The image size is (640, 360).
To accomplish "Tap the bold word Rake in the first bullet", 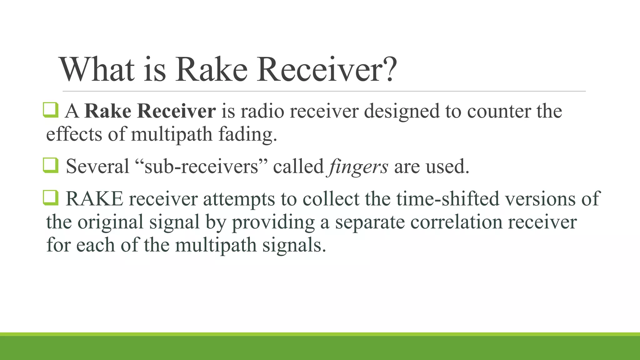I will click(108, 111).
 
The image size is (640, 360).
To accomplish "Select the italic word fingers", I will click(357, 167).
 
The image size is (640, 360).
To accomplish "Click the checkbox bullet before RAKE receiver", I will click(50, 198).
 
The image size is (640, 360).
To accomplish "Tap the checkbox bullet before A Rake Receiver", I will click(50, 110).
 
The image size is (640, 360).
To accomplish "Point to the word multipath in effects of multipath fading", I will click(172, 134).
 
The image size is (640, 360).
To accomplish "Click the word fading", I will click(247, 134).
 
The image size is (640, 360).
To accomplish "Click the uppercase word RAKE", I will click(94, 199).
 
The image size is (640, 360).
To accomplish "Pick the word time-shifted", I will click(447, 199).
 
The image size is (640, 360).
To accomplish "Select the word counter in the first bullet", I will click(499, 111).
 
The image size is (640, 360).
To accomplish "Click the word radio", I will click(262, 111).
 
